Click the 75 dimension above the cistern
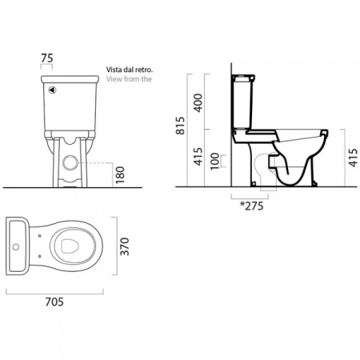click(x=47, y=58)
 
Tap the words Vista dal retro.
click(x=130, y=70)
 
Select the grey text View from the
click(x=129, y=79)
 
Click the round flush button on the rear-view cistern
click(x=52, y=90)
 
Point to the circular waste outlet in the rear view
click(x=70, y=162)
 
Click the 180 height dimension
click(x=120, y=174)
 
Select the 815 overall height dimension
click(x=181, y=126)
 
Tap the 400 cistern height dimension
click(x=198, y=102)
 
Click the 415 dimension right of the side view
click(x=354, y=158)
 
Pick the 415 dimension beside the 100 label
click(x=198, y=156)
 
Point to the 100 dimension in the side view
click(x=214, y=161)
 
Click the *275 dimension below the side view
click(x=252, y=206)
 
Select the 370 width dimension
click(x=125, y=246)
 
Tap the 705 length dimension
click(x=54, y=302)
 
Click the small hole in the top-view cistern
click(x=16, y=247)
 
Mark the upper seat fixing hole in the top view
click(x=39, y=236)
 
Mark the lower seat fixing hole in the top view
click(x=39, y=256)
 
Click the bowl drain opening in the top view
click(x=70, y=246)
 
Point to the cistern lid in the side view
click(x=243, y=78)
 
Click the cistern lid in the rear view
click(x=70, y=79)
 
